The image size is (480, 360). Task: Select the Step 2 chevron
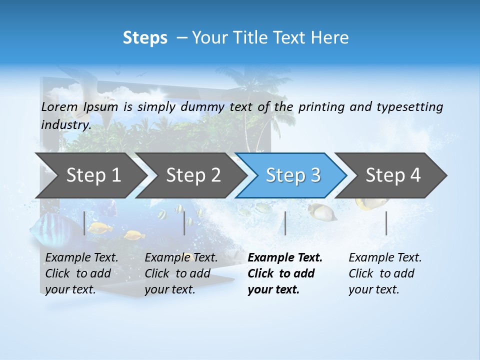[192, 175]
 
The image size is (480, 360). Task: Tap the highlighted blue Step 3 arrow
[292, 175]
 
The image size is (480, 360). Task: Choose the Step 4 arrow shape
[392, 175]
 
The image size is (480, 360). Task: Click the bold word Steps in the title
[145, 37]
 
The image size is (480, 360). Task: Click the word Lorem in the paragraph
[59, 107]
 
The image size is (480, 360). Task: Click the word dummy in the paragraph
[202, 107]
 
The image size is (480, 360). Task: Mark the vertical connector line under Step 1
[84, 223]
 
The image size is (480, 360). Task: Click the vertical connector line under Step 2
[184, 223]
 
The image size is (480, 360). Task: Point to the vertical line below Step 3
[285, 223]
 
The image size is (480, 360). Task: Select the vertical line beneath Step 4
[386, 223]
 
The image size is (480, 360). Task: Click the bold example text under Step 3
[285, 273]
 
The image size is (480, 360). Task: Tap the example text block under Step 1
[81, 273]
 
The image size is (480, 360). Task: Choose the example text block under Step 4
[385, 273]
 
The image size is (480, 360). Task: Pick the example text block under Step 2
[181, 273]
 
